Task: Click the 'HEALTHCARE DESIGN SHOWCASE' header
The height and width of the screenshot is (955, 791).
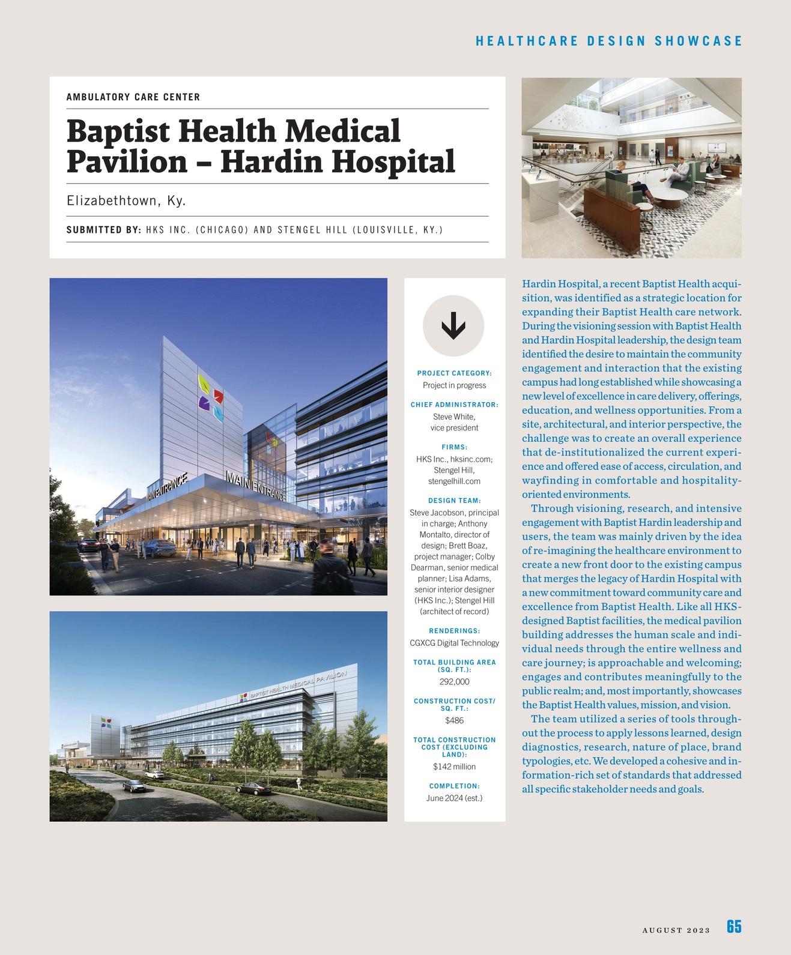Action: click(x=609, y=41)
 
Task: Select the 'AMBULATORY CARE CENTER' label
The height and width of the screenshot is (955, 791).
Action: click(x=133, y=97)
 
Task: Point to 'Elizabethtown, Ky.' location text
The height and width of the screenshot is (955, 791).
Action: click(x=126, y=200)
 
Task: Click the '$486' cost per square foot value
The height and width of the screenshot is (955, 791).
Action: click(x=454, y=720)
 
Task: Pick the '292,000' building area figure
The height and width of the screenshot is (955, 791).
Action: click(x=454, y=682)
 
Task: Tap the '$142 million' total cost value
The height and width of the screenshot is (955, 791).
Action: click(x=454, y=767)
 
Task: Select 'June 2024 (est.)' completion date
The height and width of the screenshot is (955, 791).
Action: click(x=454, y=798)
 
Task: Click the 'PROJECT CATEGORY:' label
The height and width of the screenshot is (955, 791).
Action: click(x=454, y=373)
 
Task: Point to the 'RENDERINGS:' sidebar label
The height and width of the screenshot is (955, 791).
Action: click(x=454, y=631)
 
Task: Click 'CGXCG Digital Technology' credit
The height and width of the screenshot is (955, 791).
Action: click(x=454, y=643)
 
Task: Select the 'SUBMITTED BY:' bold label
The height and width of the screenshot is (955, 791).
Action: click(x=104, y=230)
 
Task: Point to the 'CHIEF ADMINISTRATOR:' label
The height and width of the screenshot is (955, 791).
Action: click(x=454, y=405)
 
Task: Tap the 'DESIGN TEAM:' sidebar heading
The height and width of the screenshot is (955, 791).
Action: click(x=454, y=501)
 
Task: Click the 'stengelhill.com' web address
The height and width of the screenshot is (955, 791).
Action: click(x=454, y=481)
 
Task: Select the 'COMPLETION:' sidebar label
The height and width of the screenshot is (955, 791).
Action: click(x=454, y=786)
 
